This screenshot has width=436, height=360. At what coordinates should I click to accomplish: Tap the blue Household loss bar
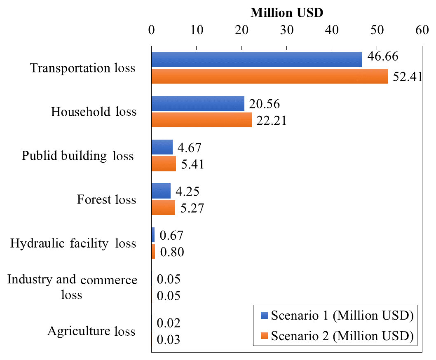198,103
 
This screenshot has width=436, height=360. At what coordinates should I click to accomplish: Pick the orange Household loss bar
202,120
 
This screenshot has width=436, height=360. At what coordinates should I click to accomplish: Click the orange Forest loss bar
163,208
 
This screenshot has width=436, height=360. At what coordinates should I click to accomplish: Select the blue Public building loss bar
162,147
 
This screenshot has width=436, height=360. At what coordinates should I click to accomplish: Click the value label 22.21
271,120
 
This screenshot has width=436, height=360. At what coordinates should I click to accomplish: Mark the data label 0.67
171,236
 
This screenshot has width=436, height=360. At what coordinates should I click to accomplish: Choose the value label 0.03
169,340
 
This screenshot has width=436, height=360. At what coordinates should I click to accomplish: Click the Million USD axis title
287,13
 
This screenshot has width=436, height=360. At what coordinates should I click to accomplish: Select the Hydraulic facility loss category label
73,243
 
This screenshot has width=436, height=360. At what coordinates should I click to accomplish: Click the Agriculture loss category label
91,331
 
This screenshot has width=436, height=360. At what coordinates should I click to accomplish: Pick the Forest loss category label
106,200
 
